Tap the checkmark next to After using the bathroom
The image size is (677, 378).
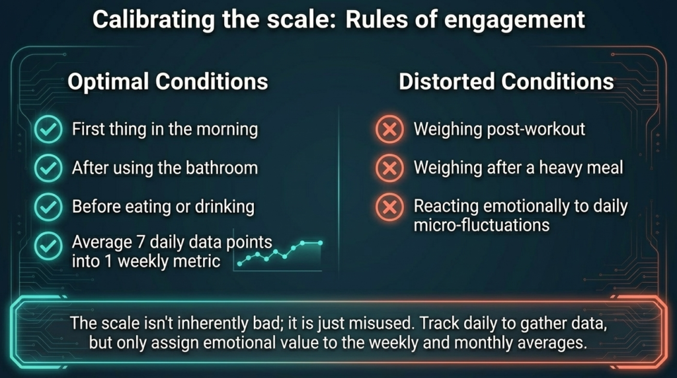(x=46, y=168)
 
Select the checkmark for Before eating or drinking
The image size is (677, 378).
(x=46, y=207)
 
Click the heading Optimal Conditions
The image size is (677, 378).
(x=168, y=82)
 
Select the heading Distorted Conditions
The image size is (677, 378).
(x=506, y=82)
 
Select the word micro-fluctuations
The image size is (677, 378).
(x=481, y=224)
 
